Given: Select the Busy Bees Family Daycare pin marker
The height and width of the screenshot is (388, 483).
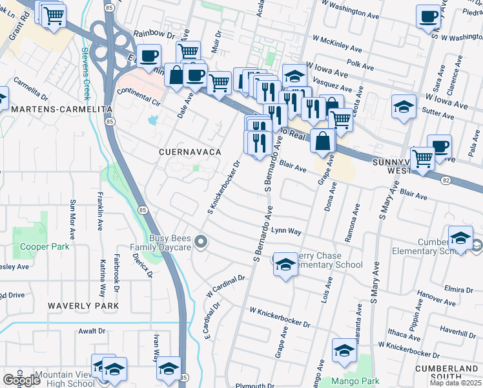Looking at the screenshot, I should pos(201,243).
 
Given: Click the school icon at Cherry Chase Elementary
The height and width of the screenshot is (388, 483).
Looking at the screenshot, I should pos(285,264).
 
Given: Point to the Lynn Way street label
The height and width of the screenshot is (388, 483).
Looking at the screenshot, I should pos(286,230).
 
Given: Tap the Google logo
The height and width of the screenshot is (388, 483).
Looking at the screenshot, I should pos(21,380).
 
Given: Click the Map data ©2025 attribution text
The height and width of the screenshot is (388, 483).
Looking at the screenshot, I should pos(455,383).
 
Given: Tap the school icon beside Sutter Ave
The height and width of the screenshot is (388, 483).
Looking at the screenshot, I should pos(403,107).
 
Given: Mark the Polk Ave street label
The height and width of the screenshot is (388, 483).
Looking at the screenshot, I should pos(360,66).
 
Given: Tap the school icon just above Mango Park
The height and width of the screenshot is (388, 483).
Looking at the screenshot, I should pos(344,351).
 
